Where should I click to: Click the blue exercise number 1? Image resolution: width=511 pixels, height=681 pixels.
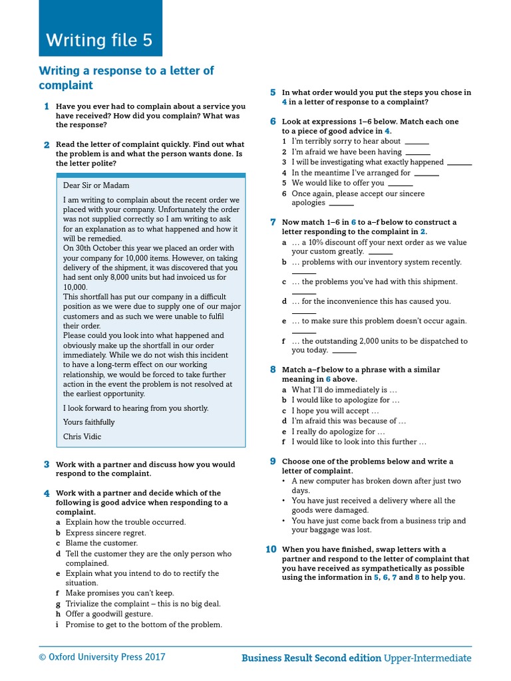[x=47, y=106]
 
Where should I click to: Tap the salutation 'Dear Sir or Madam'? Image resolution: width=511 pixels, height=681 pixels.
[x=96, y=186]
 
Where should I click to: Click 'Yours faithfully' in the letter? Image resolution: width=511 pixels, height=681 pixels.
[x=89, y=422]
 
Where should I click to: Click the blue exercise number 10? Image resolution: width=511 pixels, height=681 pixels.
[x=271, y=549]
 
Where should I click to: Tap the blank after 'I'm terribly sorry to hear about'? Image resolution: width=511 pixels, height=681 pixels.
[x=417, y=142]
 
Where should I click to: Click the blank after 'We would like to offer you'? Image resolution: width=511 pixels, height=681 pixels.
[x=400, y=184]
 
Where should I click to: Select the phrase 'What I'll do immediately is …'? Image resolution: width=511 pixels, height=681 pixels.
[x=344, y=390]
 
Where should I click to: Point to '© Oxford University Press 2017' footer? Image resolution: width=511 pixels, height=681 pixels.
[x=102, y=657]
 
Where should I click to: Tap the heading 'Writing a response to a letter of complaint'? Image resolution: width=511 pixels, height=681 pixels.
[x=126, y=78]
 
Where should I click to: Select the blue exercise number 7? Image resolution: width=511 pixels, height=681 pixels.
[x=273, y=222]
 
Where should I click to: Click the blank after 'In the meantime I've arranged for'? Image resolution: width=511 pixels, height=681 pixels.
[x=426, y=174]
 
